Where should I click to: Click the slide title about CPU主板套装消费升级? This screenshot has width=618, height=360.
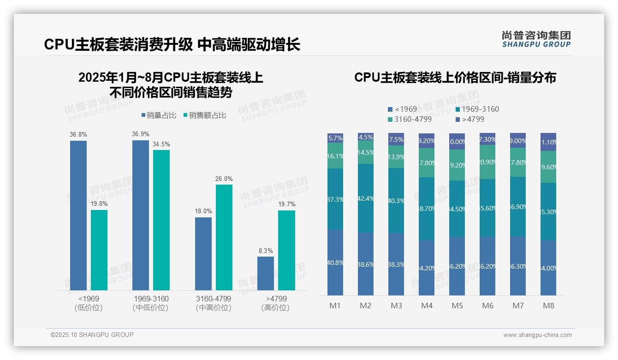(x=172, y=44)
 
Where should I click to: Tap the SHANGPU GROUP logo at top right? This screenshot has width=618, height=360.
(x=536, y=39)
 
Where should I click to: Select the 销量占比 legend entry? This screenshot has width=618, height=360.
(x=159, y=115)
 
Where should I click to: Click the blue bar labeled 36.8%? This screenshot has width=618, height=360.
(x=78, y=215)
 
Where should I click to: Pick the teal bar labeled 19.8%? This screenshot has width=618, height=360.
(x=99, y=250)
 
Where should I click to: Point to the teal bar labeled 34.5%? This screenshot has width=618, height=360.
(x=161, y=220)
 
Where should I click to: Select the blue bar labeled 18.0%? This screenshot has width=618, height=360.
(x=203, y=253)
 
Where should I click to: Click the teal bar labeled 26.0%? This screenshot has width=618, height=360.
(x=224, y=237)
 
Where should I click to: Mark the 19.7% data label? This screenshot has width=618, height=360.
(x=286, y=204)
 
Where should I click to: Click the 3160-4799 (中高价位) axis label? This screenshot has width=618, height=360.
(x=213, y=303)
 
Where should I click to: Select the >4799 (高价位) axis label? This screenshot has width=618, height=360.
(x=276, y=303)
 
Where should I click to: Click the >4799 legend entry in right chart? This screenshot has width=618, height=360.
(x=470, y=120)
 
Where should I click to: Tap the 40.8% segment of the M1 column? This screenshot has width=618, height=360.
(x=335, y=262)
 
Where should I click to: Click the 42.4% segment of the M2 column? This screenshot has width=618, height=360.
(x=366, y=198)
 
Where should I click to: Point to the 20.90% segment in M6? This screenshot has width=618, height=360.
(x=487, y=162)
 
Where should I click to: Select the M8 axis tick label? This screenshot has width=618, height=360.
(x=548, y=306)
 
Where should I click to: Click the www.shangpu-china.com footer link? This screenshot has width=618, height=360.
(x=537, y=335)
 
